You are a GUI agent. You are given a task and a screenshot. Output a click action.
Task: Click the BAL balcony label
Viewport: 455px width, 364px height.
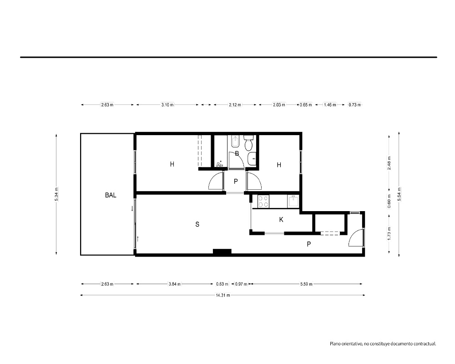[x=111, y=195]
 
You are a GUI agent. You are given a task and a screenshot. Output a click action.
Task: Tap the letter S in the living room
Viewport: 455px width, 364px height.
[x=197, y=224]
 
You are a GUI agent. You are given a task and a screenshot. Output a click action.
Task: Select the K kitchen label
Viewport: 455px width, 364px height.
[x=281, y=220]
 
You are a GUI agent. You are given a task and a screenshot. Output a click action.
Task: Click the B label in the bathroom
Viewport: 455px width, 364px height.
[x=237, y=153]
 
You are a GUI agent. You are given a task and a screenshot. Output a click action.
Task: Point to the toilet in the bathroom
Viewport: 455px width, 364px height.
[x=249, y=143]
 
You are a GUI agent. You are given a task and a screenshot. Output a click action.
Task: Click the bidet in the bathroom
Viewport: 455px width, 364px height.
[x=234, y=142]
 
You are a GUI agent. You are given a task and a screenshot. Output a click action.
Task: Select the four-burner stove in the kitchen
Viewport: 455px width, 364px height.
[x=263, y=202]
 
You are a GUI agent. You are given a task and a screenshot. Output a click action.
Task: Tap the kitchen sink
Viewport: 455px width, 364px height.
[x=293, y=201]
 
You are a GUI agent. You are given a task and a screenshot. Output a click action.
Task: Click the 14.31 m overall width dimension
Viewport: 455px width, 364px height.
[x=223, y=295]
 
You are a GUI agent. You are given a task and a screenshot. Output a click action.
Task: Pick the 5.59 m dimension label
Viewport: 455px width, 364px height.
[x=306, y=284]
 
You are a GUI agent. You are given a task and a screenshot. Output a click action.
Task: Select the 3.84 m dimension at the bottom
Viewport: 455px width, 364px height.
[x=175, y=284]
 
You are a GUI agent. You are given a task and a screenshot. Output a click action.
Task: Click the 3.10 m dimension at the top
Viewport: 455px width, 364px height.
[x=167, y=105]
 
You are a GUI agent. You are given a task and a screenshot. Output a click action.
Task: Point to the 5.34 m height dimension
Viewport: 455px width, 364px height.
[x=56, y=194]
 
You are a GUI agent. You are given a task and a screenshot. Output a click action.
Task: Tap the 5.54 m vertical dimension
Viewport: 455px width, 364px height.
[x=399, y=194]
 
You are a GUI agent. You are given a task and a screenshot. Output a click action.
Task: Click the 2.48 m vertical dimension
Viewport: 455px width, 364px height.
[x=389, y=163]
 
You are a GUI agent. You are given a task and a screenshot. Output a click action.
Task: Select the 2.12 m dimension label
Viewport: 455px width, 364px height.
[x=235, y=105]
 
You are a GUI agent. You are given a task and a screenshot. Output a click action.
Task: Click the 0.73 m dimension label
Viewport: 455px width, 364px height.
[x=354, y=105]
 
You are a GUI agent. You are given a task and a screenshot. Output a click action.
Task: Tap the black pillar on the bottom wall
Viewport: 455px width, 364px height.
[x=222, y=252]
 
